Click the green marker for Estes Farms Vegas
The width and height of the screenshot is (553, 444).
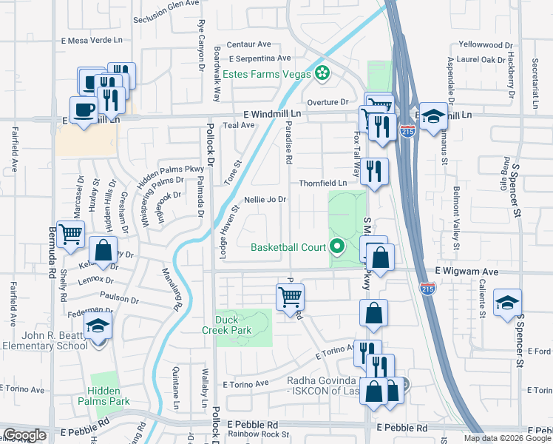(322, 73)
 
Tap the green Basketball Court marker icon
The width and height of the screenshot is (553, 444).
(338, 246)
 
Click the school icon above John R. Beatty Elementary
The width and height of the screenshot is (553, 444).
(98, 326)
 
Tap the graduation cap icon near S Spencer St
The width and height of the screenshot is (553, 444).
(507, 303)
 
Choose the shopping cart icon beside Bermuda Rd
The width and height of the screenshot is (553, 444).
(70, 234)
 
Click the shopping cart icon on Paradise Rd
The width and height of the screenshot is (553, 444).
(290, 297)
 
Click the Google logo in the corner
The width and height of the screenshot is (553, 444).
(24, 435)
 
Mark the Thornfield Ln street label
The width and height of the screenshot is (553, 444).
(323, 183)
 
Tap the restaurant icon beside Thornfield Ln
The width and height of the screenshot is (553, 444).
(373, 172)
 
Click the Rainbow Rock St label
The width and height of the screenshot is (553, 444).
(258, 434)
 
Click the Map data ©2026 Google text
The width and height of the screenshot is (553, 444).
(506, 438)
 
